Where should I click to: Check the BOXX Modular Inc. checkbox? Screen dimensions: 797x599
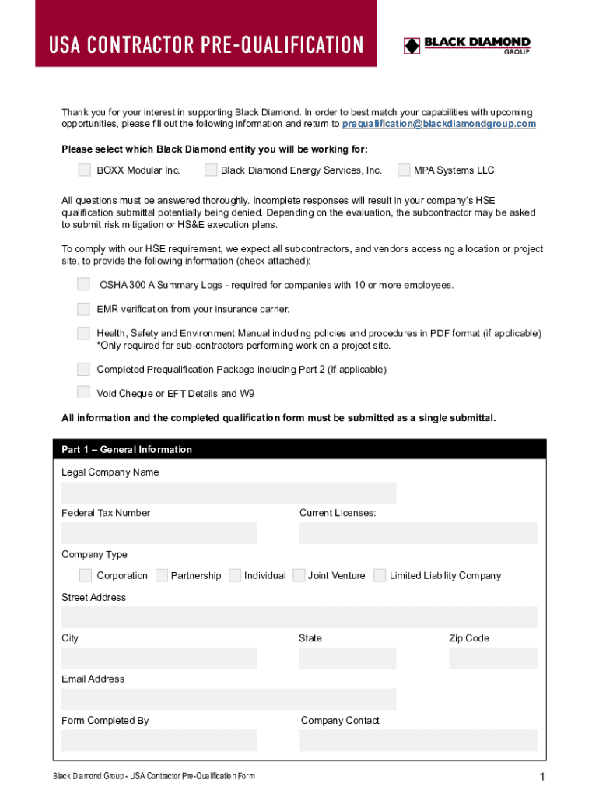point(84,170)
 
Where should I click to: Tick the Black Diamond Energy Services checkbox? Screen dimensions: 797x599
point(211,170)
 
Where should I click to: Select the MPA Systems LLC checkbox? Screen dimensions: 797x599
point(404,170)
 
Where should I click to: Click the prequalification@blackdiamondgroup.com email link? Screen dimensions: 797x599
point(439,124)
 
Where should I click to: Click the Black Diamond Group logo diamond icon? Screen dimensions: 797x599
point(412,46)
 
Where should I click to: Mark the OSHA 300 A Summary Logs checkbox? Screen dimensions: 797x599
point(83,285)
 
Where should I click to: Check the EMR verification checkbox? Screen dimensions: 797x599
point(83,309)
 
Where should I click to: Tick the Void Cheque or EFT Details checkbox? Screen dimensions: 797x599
point(83,392)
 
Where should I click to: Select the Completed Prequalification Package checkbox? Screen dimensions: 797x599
point(83,369)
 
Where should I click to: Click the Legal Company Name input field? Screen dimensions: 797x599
point(229,493)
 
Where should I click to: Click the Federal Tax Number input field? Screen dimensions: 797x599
point(159,533)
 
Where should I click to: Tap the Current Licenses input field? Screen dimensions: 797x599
point(418,533)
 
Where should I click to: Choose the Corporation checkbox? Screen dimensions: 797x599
point(86,575)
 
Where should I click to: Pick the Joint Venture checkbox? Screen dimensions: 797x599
point(299,575)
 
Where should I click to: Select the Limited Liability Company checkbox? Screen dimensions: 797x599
point(380,575)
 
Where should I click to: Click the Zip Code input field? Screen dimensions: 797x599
point(492,658)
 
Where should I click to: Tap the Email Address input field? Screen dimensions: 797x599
point(229,699)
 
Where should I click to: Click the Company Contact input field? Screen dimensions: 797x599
point(418,740)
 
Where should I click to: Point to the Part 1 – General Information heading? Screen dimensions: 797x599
point(127,449)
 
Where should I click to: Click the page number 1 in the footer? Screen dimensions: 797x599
point(541,777)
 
